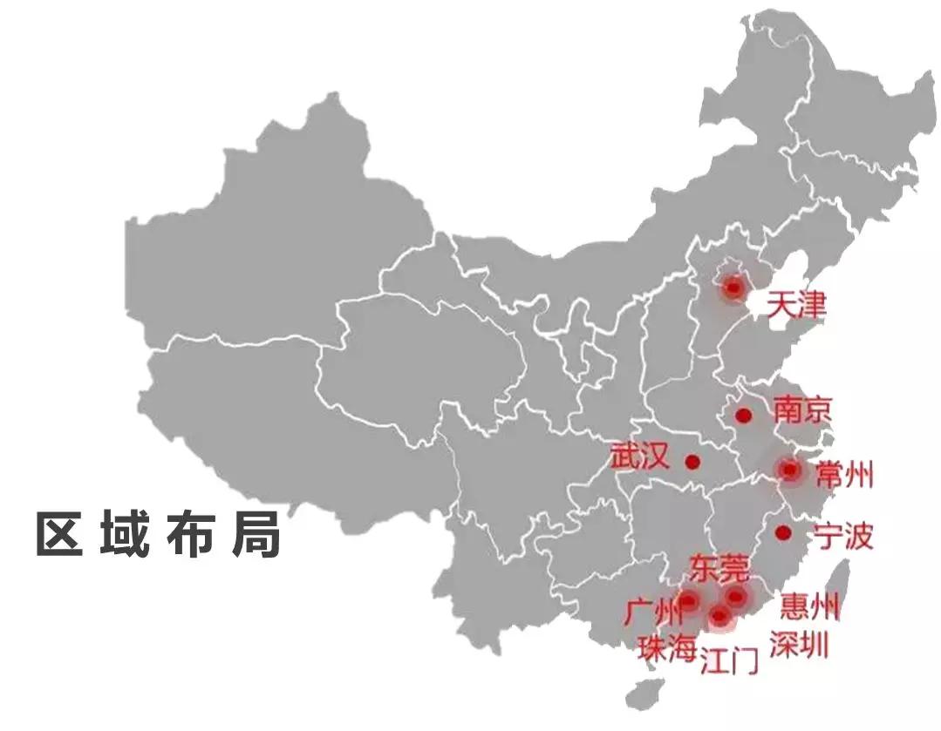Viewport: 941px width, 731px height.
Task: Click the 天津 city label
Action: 795,306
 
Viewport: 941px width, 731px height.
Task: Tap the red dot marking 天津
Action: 733,288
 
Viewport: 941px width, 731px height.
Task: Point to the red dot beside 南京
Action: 743,416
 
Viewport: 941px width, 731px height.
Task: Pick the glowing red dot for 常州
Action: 790,470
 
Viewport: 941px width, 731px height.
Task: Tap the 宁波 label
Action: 842,536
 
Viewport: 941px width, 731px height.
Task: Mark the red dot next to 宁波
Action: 783,531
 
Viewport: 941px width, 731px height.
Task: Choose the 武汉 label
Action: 639,457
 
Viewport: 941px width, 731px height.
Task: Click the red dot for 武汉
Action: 692,462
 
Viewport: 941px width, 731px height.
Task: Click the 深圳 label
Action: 799,645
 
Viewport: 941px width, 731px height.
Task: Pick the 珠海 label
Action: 667,648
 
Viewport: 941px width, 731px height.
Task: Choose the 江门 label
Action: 730,663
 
